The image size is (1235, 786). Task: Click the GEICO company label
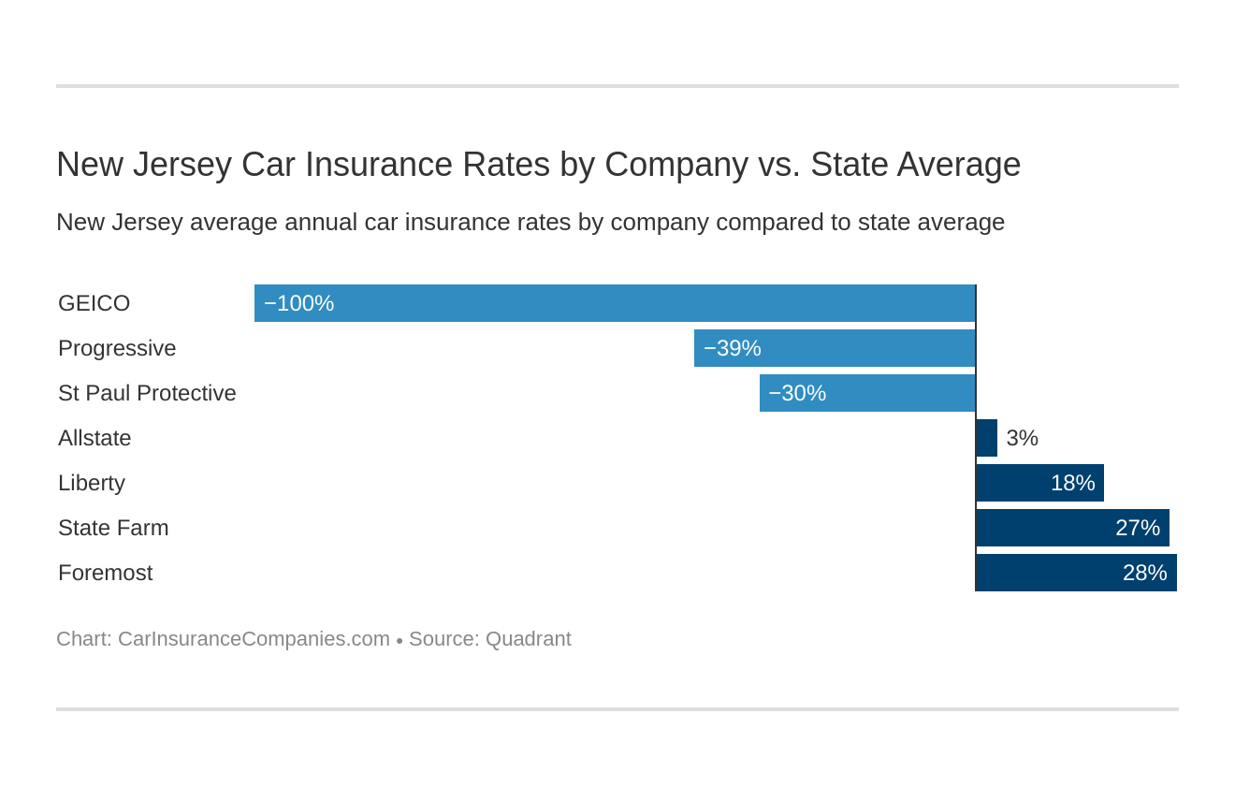(94, 303)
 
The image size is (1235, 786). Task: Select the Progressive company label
(117, 348)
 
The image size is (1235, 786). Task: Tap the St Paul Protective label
(147, 393)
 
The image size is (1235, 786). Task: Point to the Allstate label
(94, 438)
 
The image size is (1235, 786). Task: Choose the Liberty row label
(92, 483)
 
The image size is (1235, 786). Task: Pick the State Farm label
(113, 528)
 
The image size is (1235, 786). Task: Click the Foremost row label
(105, 573)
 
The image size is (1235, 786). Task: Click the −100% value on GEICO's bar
(298, 303)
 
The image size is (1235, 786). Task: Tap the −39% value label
(732, 348)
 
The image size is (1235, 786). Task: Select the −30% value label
(797, 393)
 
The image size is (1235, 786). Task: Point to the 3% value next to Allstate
(1022, 438)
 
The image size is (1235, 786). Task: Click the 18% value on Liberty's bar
(1072, 483)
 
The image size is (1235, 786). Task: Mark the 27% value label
(1137, 528)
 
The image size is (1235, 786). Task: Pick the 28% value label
(1144, 573)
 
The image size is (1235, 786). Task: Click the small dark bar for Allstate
(986, 438)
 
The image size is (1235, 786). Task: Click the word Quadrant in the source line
(528, 639)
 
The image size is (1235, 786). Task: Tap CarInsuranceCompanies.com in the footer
(254, 639)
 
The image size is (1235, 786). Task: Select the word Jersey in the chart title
(182, 165)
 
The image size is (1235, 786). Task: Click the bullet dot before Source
(400, 641)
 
